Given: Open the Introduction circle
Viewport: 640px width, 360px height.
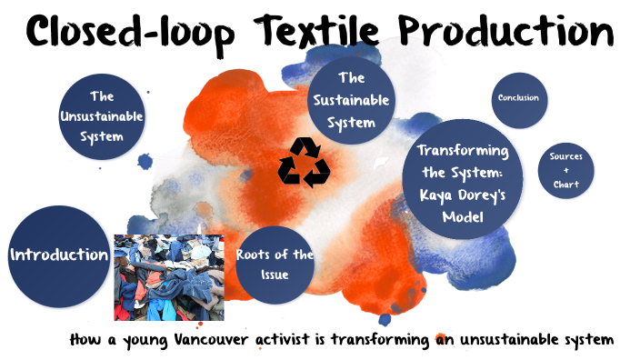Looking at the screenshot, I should pyautogui.click(x=58, y=255).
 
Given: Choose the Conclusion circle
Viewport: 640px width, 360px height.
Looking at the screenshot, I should pyautogui.click(x=518, y=98).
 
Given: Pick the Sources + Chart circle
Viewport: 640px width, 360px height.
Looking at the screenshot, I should pyautogui.click(x=566, y=170).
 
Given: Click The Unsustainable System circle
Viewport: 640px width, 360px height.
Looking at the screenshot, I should pyautogui.click(x=101, y=116).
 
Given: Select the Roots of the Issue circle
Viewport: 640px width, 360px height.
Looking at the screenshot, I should pyautogui.click(x=274, y=264).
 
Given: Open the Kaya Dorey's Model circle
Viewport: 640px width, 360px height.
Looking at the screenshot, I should pyautogui.click(x=462, y=184).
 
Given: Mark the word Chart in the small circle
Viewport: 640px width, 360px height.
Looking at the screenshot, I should pyautogui.click(x=566, y=185).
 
